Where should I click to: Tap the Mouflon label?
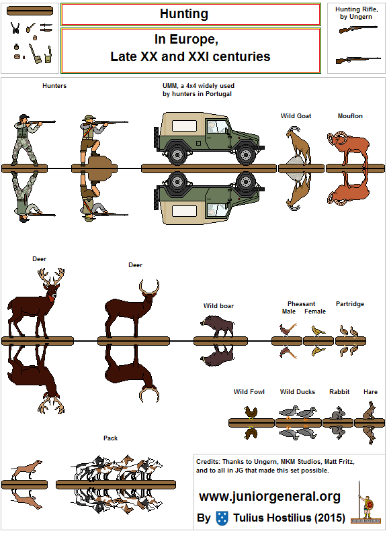[349, 116]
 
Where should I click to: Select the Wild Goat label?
[296, 116]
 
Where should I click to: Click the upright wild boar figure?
[218, 326]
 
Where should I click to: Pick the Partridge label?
[349, 304]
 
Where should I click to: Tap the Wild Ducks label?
[298, 392]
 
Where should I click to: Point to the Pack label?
[111, 438]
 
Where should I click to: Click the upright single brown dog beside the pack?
[26, 470]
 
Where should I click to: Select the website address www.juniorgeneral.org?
[269, 497]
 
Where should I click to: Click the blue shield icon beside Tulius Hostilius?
[222, 518]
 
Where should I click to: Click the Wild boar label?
[218, 306]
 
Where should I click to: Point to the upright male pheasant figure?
[288, 330]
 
